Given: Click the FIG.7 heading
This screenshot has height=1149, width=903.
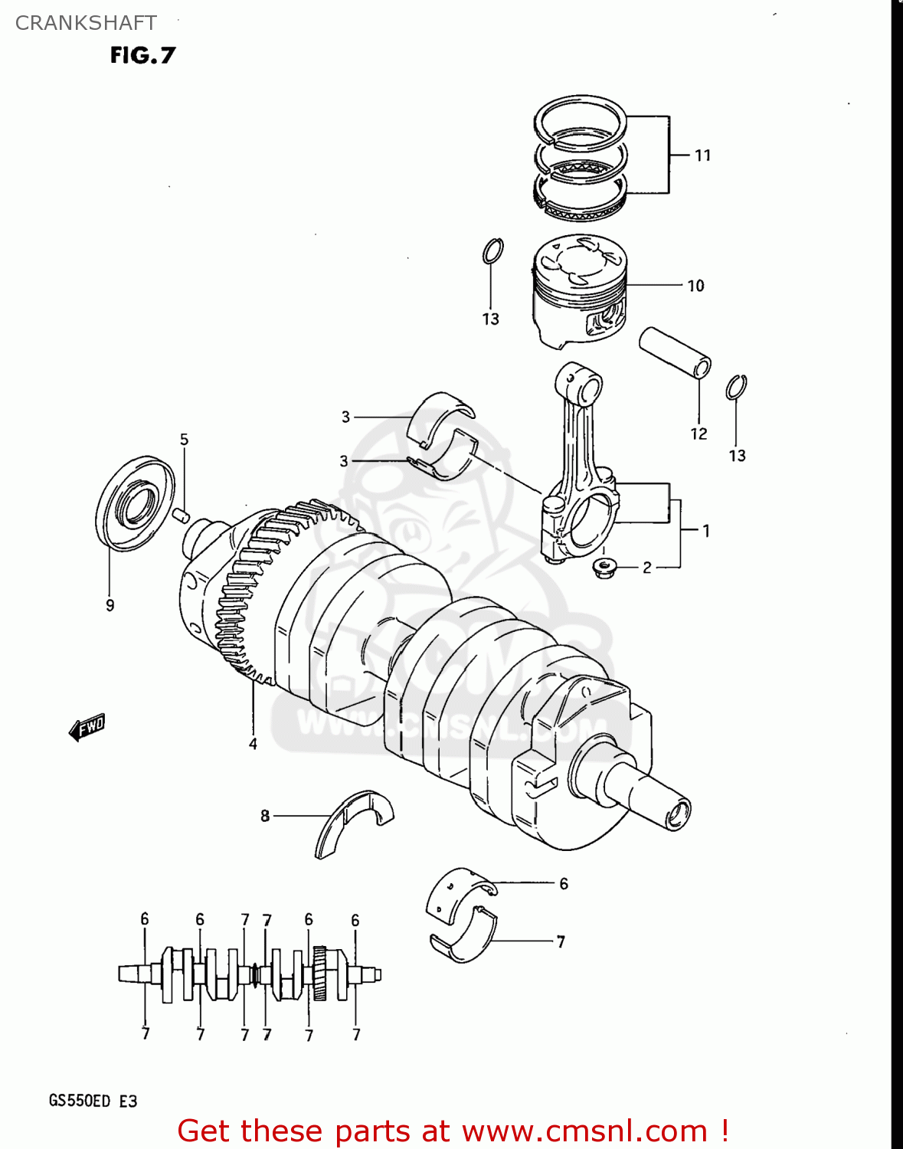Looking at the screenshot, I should pyautogui.click(x=142, y=55).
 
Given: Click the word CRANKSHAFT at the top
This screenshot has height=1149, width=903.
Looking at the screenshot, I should pyautogui.click(x=86, y=23).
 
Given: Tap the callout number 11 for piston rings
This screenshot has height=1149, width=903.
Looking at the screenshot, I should pyautogui.click(x=702, y=155).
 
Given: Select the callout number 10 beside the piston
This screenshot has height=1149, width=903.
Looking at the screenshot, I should pyautogui.click(x=695, y=286).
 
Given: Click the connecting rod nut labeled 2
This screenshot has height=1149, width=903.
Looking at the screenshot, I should pyautogui.click(x=604, y=568).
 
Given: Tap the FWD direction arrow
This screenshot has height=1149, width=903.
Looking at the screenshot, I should pyautogui.click(x=87, y=727).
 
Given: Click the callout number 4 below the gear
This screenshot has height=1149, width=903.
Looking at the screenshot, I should pyautogui.click(x=253, y=744).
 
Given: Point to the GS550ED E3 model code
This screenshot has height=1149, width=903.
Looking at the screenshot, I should pyautogui.click(x=93, y=1101).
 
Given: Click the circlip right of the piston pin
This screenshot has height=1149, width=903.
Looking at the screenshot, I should pyautogui.click(x=736, y=388).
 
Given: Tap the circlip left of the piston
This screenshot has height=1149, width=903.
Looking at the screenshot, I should pyautogui.click(x=492, y=251).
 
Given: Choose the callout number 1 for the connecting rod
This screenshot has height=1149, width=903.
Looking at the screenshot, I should pyautogui.click(x=705, y=530).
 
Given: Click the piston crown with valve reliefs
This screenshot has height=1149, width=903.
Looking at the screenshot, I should pyautogui.click(x=580, y=258).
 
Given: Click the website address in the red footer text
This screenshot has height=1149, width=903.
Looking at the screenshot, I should pyautogui.click(x=584, y=1131).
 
